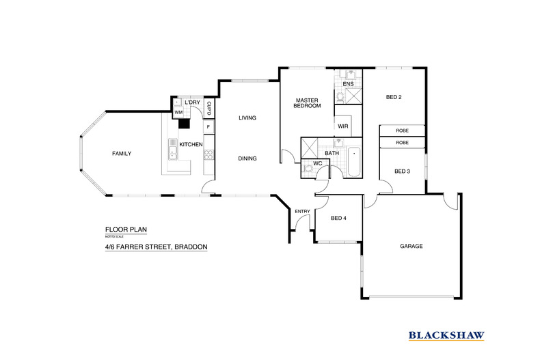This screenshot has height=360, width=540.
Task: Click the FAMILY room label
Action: pos(121,154)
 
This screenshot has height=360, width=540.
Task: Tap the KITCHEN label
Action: pos(191,145)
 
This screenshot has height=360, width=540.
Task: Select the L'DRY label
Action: pos(192,102)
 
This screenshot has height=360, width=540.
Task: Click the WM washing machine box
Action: pos(178,111)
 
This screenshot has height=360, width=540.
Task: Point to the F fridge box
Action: pos(208,126)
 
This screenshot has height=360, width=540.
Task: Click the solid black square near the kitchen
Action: pos(183,124)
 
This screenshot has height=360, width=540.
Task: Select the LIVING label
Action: pos(247,118)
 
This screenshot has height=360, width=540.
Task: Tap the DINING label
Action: pos(247,158)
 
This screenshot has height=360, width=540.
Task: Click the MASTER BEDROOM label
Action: pos(307,103)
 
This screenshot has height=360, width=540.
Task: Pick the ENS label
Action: pos(348,84)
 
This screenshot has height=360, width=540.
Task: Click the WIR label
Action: pos(343,126)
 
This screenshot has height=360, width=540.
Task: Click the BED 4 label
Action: pos(338,219)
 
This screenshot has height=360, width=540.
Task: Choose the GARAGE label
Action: pos(411,246)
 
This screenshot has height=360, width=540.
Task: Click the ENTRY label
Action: pos(301,211)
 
